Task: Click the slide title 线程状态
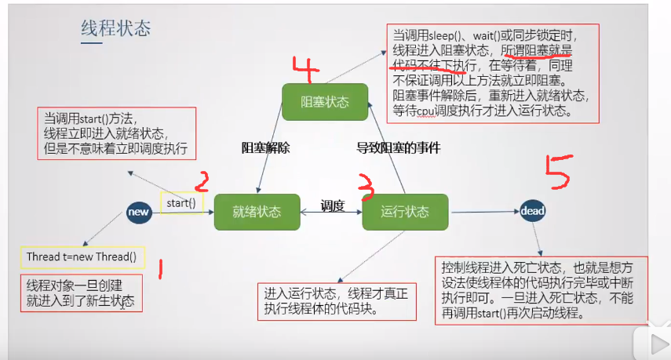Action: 116,29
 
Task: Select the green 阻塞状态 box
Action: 326,102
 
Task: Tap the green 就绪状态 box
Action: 257,212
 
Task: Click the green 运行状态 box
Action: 405,212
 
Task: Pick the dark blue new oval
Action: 139,211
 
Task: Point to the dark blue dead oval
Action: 533,211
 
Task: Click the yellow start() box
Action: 181,204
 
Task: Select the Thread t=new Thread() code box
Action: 82,256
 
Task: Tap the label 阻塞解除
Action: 265,147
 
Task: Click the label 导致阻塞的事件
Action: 399,147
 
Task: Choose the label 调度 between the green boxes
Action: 332,206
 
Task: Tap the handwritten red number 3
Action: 364,186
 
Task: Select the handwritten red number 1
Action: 160,270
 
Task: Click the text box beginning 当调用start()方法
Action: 116,133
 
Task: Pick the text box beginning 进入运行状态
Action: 337,301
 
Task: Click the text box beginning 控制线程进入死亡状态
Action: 542,289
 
